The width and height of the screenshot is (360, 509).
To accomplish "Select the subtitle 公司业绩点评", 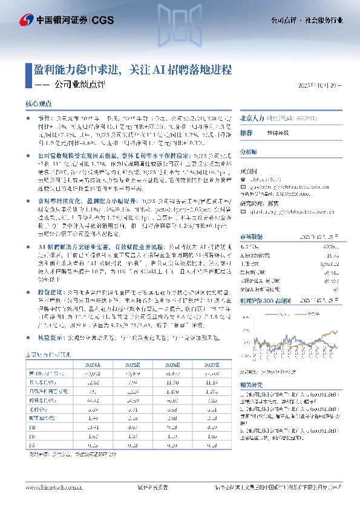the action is pos(80,85).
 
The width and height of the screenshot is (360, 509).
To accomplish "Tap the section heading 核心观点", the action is pos(38,104).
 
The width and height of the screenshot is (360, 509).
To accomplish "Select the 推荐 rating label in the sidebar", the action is pos(246,132).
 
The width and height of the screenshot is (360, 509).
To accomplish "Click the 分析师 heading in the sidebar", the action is pos(249,151).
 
